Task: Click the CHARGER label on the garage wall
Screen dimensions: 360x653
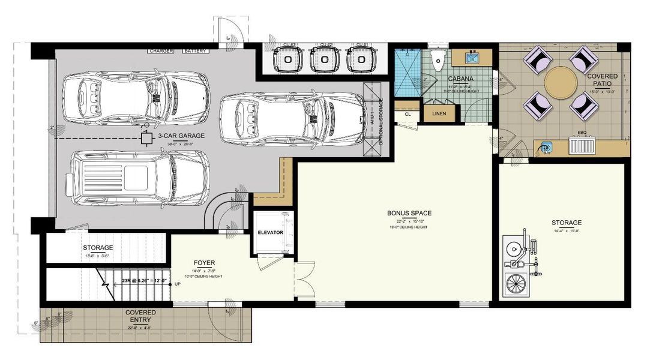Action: [x=160, y=51]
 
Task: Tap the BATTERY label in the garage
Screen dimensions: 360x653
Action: [x=195, y=51]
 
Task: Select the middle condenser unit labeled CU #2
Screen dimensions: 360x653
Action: [x=325, y=59]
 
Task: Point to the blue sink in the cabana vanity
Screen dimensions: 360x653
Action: [x=471, y=58]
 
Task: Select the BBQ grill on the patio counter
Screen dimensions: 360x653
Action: [x=580, y=146]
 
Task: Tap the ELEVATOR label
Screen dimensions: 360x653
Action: [x=270, y=232]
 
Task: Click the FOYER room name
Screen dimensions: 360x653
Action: [x=204, y=263]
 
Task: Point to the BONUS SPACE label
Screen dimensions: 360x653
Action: [x=409, y=213]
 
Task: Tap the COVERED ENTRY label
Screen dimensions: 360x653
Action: [x=140, y=316]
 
